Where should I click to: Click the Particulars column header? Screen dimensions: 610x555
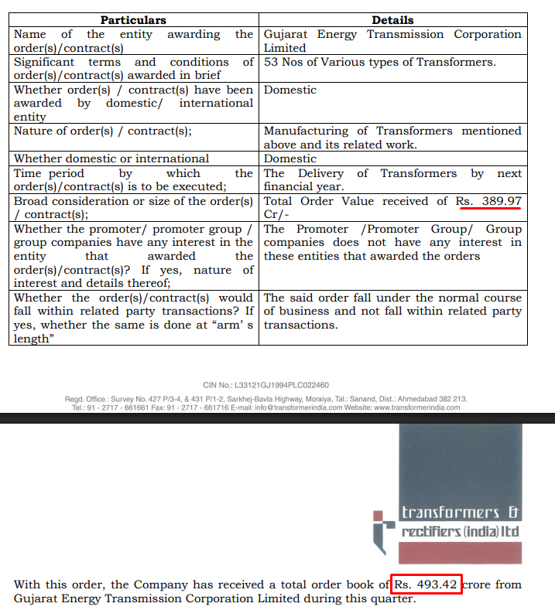click(133, 20)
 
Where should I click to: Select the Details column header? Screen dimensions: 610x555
click(392, 20)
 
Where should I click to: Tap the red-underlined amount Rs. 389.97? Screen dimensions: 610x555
click(488, 201)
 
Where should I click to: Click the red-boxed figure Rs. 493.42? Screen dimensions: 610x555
click(427, 584)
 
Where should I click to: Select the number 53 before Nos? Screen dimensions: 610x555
click(271, 62)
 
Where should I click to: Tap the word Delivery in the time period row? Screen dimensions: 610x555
click(320, 173)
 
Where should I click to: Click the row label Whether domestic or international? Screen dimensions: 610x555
click(111, 158)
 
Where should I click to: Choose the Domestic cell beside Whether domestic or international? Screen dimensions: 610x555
click(290, 158)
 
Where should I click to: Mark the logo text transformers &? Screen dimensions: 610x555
click(460, 513)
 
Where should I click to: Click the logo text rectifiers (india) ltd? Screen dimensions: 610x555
click(460, 532)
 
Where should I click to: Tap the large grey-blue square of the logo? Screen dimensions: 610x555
click(461, 464)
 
